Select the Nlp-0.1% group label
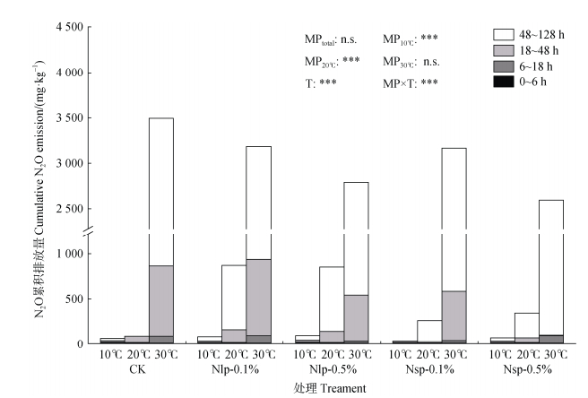tap(234, 367)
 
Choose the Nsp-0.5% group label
tap(528, 367)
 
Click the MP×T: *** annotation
tap(411, 83)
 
